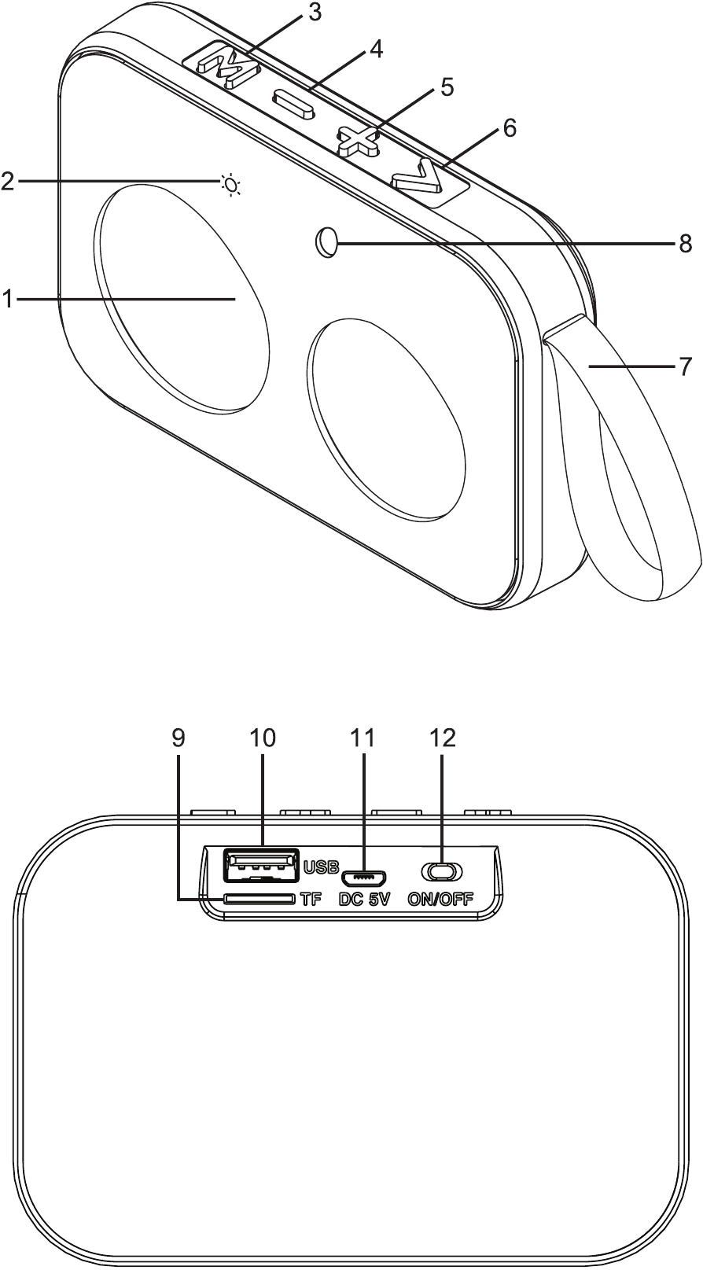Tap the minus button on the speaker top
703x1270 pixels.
(x=293, y=105)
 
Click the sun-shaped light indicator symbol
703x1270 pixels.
(x=230, y=185)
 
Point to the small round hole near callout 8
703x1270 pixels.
(x=325, y=242)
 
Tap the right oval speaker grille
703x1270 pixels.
(x=385, y=419)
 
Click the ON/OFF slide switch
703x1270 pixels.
(x=442, y=871)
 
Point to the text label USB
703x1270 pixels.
(x=321, y=867)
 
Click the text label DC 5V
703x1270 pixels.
(x=365, y=900)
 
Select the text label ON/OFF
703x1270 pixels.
(x=440, y=900)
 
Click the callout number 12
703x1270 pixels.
(x=443, y=738)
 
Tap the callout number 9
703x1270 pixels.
(x=179, y=738)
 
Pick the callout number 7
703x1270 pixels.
(x=686, y=366)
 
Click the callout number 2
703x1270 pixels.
(x=7, y=182)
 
